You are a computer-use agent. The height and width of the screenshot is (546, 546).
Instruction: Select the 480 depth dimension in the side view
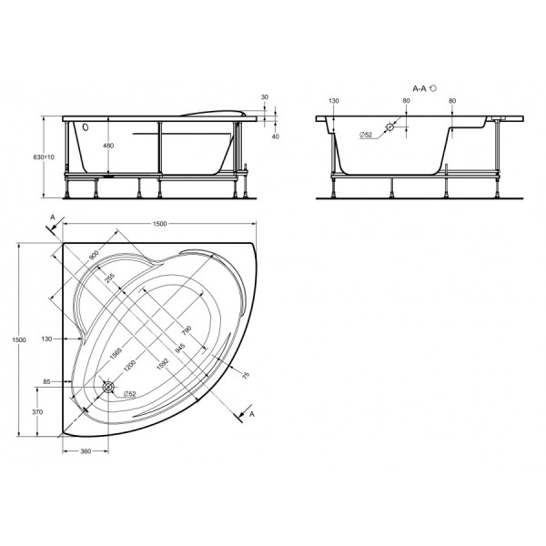108,146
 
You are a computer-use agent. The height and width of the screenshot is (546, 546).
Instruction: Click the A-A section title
420,89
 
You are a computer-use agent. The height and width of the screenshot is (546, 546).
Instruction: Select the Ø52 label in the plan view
129,393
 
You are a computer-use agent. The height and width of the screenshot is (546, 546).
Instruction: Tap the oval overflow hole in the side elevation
86,128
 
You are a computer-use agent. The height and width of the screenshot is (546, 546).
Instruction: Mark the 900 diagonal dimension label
94,260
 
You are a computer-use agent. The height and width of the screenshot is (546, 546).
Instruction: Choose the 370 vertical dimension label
38,412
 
